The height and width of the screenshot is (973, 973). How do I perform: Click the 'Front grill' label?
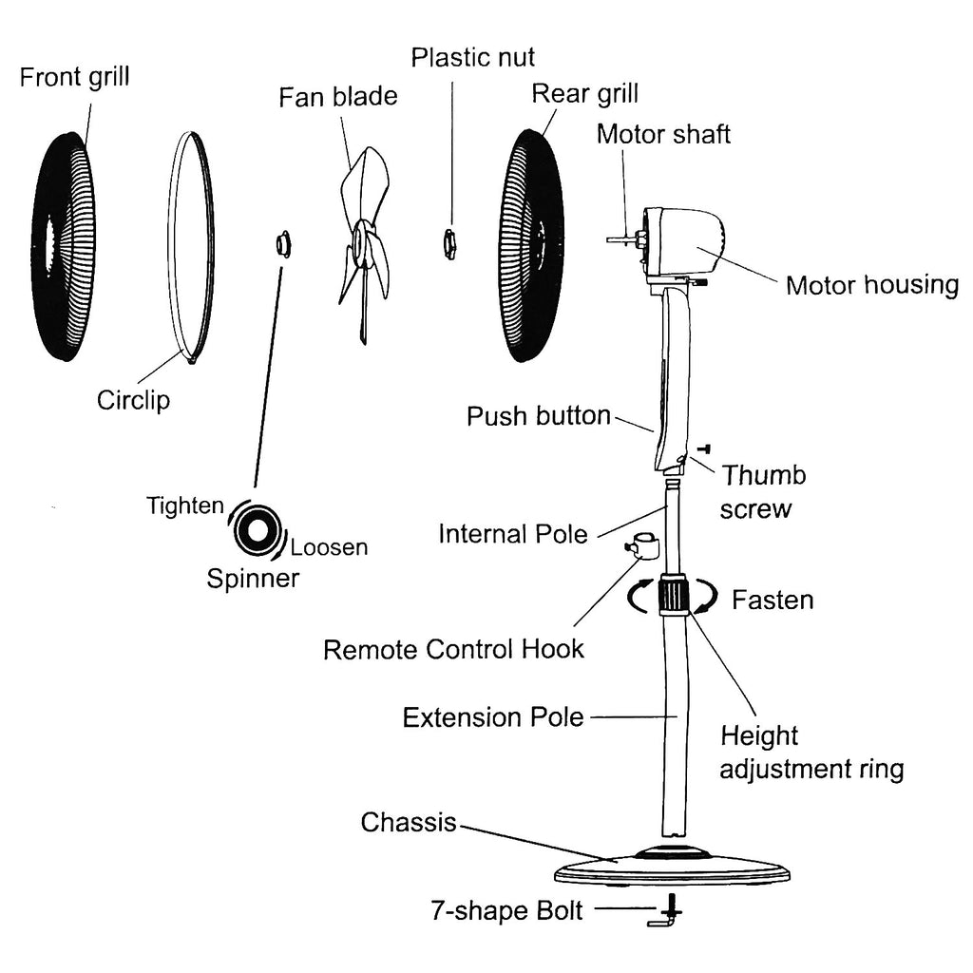click(74, 77)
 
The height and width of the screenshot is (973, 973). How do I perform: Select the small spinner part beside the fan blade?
click(282, 244)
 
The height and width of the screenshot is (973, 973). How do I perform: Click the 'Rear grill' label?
click(584, 94)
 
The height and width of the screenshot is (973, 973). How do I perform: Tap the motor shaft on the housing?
click(620, 240)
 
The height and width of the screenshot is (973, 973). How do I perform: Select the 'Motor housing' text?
click(871, 285)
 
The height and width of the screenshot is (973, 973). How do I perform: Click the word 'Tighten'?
click(185, 506)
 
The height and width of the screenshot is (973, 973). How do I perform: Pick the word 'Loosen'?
click(329, 547)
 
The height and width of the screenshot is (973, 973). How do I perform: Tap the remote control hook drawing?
click(641, 546)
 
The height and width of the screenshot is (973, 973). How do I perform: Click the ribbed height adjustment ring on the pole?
click(674, 595)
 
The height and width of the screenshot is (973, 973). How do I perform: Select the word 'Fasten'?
click(772, 601)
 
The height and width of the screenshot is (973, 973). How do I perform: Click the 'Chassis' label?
click(409, 822)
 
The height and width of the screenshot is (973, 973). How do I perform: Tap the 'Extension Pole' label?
click(492, 716)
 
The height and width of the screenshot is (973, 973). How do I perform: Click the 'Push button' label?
click(538, 416)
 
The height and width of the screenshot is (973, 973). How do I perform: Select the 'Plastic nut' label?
click(473, 57)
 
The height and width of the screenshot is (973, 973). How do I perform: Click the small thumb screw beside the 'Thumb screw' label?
click(705, 448)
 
